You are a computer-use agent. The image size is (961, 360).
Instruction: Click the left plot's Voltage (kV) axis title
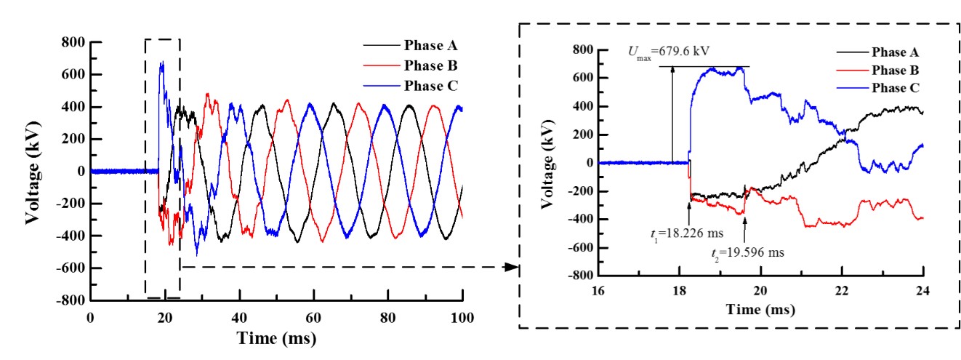tap(33, 171)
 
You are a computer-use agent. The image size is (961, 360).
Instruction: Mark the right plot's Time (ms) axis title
tap(760, 309)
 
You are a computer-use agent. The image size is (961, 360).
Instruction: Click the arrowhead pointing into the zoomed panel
tap(512, 267)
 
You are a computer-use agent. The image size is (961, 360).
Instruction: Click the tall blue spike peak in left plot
tap(161, 62)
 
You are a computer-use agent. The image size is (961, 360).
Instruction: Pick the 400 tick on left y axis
tap(73, 107)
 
